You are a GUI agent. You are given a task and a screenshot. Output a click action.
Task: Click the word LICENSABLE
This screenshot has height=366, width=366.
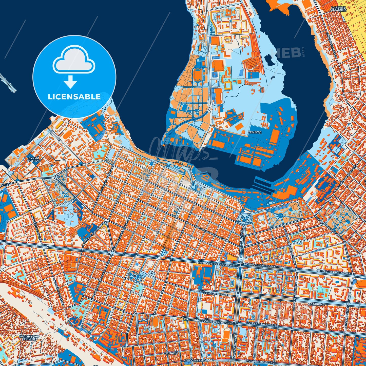(74, 97)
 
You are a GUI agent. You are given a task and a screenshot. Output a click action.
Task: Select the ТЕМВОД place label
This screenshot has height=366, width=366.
(254, 132)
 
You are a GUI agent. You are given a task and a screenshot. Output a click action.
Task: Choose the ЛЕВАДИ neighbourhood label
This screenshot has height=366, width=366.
(172, 353)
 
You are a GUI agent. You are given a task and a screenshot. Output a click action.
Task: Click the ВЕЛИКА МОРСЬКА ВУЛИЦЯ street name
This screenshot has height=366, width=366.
(213, 233)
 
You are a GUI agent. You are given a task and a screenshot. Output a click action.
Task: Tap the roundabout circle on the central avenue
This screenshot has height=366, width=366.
(112, 253)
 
